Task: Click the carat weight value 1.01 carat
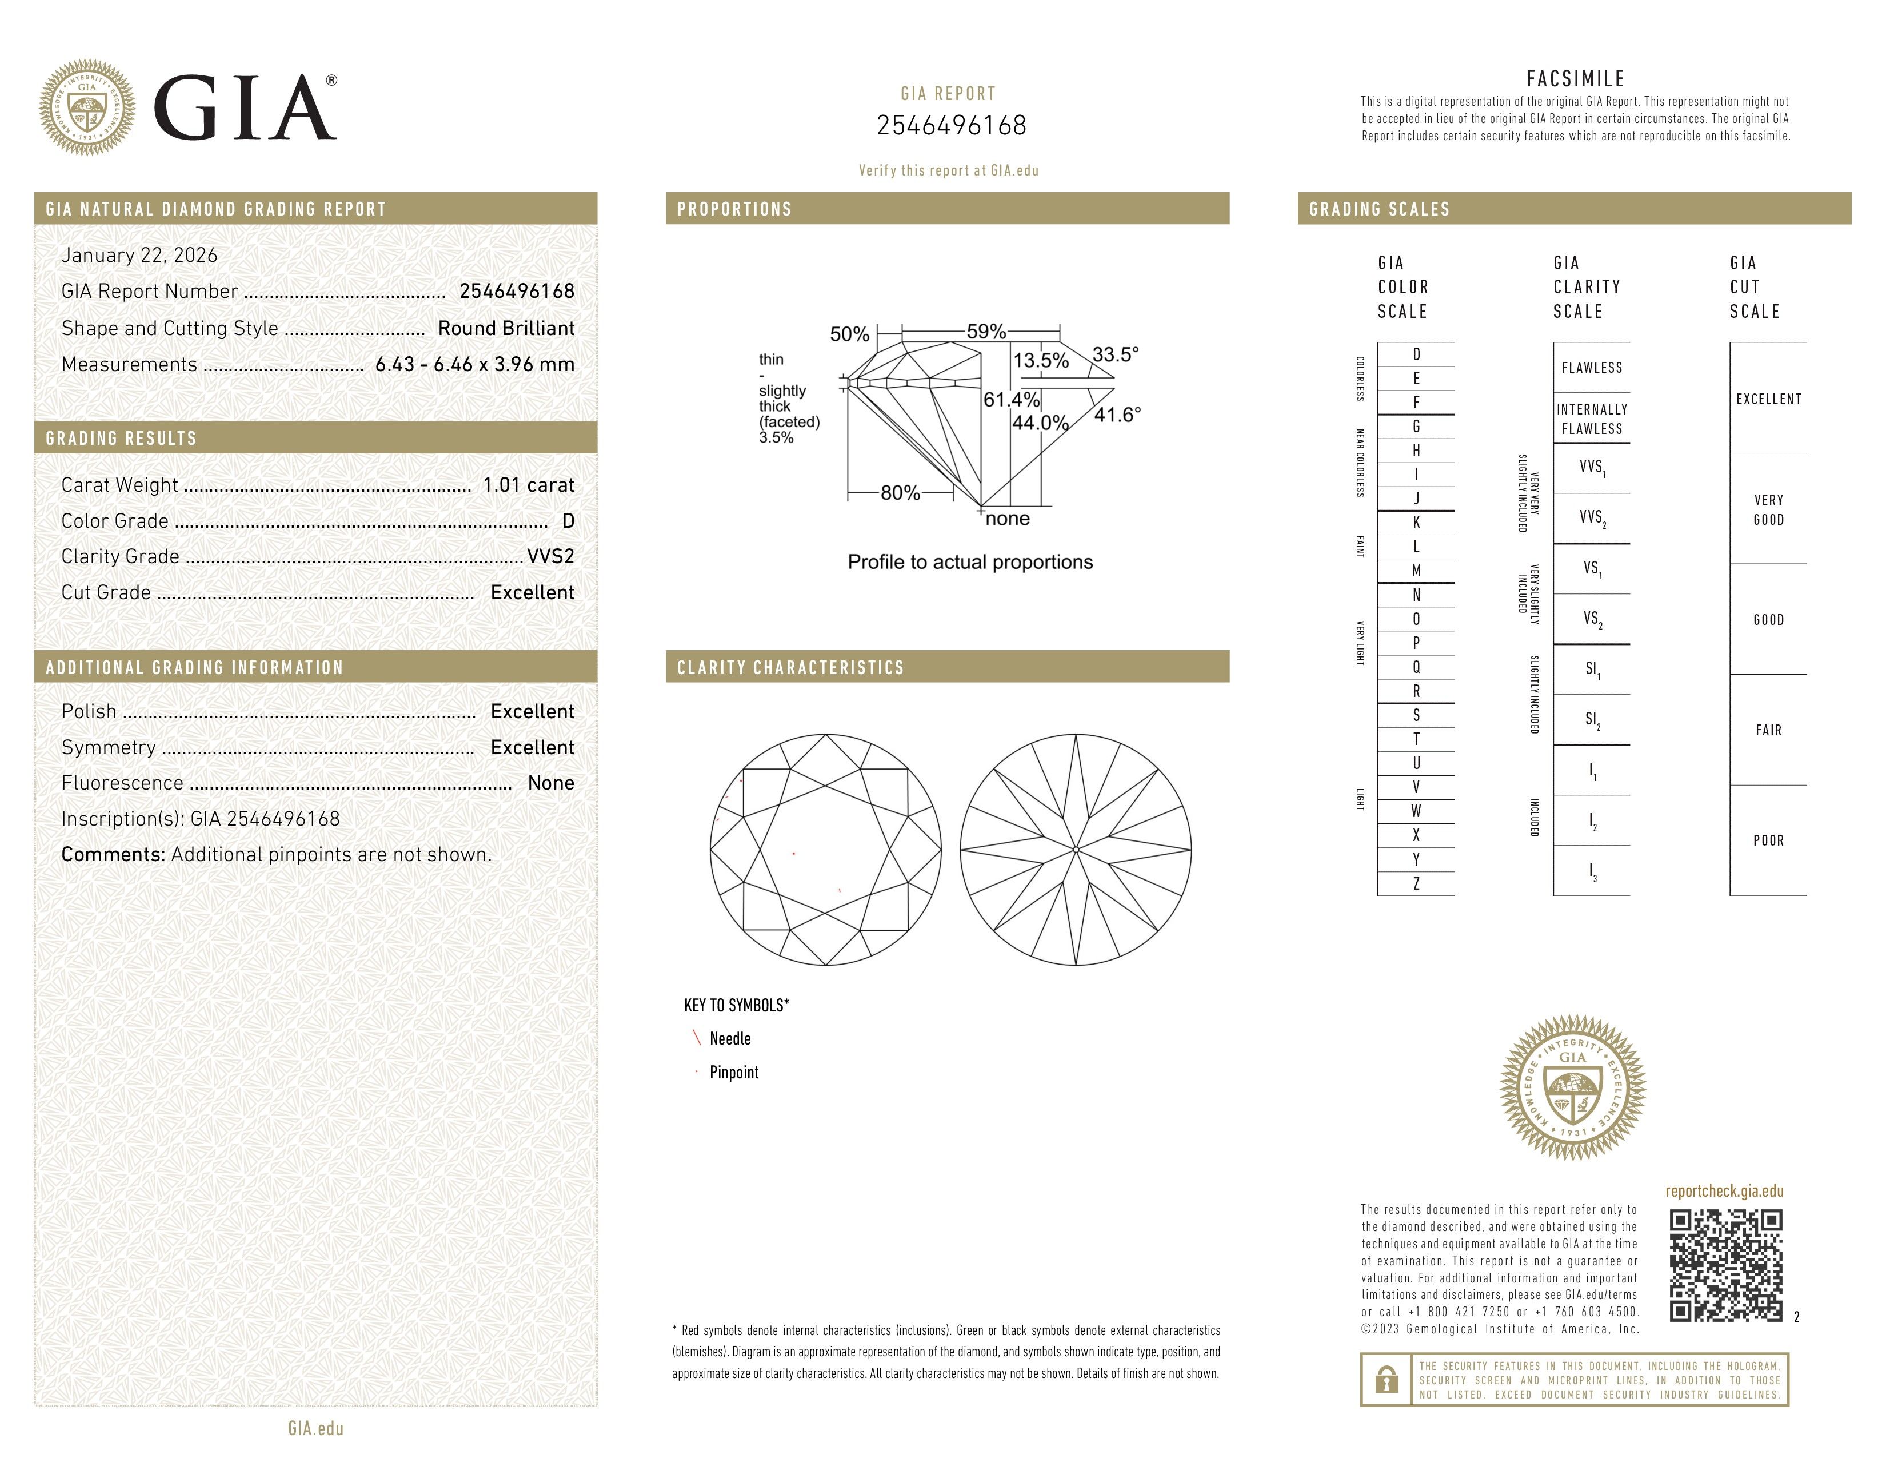pyautogui.click(x=528, y=485)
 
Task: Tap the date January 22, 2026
pyautogui.click(x=139, y=256)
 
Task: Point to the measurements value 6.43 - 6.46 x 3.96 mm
pyautogui.click(x=474, y=365)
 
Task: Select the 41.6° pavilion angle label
pyautogui.click(x=1117, y=416)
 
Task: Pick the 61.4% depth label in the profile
pyautogui.click(x=1010, y=400)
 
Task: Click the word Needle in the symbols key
pyautogui.click(x=730, y=1039)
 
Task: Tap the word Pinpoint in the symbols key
pyautogui.click(x=734, y=1073)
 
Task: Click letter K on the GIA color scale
pyautogui.click(x=1416, y=523)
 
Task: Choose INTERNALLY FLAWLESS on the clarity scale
pyautogui.click(x=1592, y=419)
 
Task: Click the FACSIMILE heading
pyautogui.click(x=1575, y=79)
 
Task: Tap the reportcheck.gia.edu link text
pyautogui.click(x=1724, y=1191)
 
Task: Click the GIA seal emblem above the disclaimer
pyautogui.click(x=1573, y=1087)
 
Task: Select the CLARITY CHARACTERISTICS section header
pyautogui.click(x=790, y=668)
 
